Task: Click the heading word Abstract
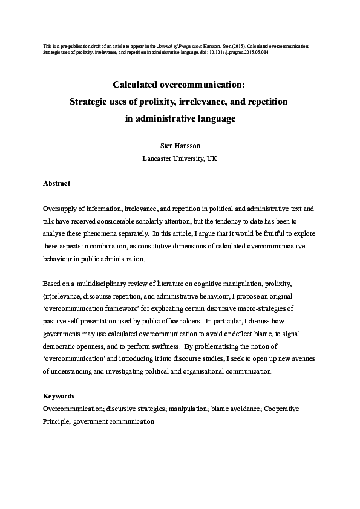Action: click(x=56, y=183)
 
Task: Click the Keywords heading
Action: click(x=59, y=397)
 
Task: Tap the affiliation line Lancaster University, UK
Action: click(x=180, y=158)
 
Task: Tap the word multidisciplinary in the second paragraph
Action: click(x=103, y=284)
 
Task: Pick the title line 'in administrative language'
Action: click(x=180, y=119)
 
